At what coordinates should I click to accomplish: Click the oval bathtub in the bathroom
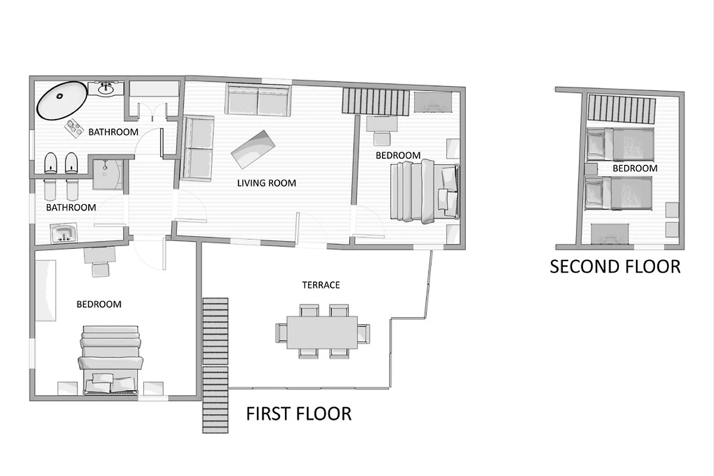coord(62,101)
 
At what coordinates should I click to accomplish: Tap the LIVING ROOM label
coord(267,183)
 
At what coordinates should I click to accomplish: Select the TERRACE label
coord(321,285)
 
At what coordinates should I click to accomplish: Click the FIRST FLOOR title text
coord(299,414)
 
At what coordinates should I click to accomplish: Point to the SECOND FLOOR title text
coord(615,267)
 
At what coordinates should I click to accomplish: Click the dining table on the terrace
coord(322,333)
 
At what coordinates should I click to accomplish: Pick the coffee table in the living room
coord(253,149)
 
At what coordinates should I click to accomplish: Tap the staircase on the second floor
coord(622,109)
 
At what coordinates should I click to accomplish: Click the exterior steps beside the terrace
coord(215,365)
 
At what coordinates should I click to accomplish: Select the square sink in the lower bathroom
coord(64,233)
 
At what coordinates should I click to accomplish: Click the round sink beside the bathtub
coord(105,88)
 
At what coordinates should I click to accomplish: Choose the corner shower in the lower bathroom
coord(108,175)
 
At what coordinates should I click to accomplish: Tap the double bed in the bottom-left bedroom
coord(111,360)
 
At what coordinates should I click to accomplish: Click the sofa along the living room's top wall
coord(258,99)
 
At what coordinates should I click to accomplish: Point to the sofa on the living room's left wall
coord(198,148)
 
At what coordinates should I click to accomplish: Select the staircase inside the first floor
coord(376,102)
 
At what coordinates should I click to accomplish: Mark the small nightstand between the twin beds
coord(591,169)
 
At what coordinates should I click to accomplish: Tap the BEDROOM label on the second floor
coord(635,168)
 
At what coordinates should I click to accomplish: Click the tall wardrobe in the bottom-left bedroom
coord(46,290)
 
